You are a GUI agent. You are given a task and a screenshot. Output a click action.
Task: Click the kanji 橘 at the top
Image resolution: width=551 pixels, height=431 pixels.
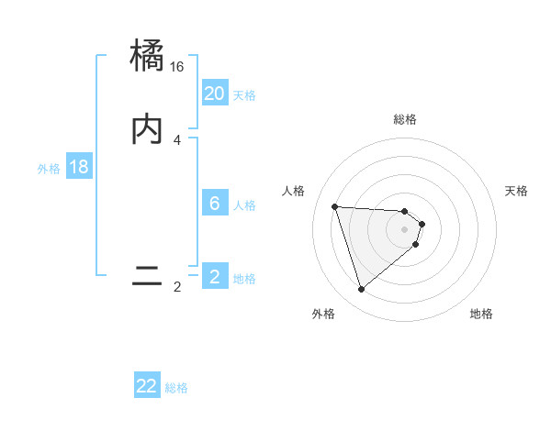pos(148,56)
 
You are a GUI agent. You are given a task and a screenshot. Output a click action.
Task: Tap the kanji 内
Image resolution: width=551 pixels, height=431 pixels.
pos(148,129)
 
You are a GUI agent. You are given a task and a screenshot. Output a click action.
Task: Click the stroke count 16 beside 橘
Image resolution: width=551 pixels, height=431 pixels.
pos(177,67)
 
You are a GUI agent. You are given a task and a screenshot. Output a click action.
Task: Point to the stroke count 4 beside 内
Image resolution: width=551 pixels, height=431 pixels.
pos(176,140)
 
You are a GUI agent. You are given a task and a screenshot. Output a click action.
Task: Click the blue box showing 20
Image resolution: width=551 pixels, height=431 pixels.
pos(215,94)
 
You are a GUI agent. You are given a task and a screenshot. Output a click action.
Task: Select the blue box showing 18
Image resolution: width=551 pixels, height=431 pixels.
pos(79,167)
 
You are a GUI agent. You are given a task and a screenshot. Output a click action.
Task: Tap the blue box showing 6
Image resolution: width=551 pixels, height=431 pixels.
pos(215,204)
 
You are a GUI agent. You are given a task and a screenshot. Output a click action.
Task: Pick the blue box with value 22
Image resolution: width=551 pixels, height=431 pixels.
pos(147,386)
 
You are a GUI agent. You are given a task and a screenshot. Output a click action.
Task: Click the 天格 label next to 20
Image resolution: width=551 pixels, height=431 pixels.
pos(244,95)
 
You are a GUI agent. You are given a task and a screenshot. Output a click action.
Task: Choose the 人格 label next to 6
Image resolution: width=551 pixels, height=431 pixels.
pos(244,205)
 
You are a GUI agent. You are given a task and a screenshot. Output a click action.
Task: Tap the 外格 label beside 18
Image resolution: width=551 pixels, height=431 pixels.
pos(49,169)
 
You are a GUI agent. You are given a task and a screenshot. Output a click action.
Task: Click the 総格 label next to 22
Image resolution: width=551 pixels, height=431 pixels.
pos(176,389)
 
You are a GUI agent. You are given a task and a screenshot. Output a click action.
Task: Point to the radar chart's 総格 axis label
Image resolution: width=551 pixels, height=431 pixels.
pos(405,119)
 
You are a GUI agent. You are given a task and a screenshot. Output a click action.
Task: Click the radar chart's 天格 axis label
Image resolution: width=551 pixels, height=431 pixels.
pos(517,191)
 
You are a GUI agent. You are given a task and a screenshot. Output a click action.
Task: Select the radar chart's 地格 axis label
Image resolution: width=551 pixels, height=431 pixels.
pos(481,314)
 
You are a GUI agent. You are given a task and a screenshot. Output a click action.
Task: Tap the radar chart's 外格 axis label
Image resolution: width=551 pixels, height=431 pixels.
pos(323,314)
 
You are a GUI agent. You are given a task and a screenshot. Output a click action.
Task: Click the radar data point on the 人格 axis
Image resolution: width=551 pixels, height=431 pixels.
pos(335,206)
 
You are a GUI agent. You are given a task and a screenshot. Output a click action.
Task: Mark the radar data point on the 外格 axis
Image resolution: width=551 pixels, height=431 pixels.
pos(362,290)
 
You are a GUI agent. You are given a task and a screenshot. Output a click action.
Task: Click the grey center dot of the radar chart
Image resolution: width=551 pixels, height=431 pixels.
pos(405,228)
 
